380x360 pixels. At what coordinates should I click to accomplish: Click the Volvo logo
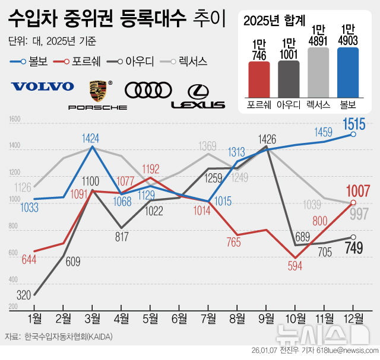coord(43,86)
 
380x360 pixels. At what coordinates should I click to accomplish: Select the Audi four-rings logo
coord(148,90)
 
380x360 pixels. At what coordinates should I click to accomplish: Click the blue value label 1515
coord(357,125)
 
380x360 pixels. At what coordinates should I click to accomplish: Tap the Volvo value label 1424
coord(91,139)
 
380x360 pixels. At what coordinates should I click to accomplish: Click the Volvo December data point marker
coord(353,135)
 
